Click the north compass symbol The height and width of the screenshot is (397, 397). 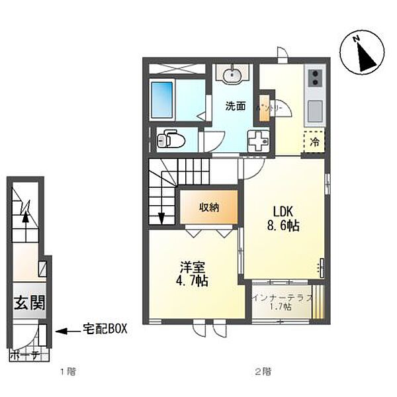click(x=361, y=55)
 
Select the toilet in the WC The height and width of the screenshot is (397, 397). click(x=171, y=140)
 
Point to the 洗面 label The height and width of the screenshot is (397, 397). click(x=236, y=105)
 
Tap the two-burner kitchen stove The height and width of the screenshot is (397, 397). click(x=316, y=77)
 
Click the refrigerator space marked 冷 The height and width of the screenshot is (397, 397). click(x=315, y=141)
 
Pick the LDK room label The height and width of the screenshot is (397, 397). click(x=284, y=211)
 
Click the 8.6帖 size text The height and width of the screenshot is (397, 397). click(x=284, y=226)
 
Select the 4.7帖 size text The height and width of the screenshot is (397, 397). click(x=193, y=281)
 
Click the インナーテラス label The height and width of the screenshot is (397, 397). click(x=281, y=298)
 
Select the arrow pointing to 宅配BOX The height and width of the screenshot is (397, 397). click(x=66, y=328)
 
